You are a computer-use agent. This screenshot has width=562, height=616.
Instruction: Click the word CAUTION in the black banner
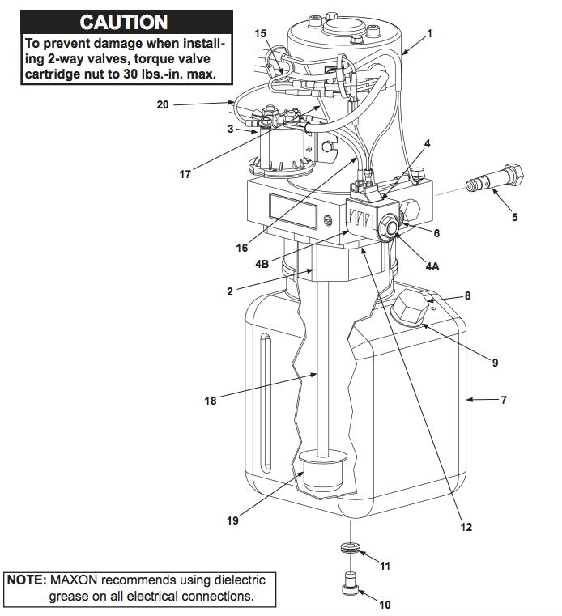tap(124, 23)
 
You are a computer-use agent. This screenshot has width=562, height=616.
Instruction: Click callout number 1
tap(429, 34)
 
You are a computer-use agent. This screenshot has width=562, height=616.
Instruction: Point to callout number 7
tap(503, 400)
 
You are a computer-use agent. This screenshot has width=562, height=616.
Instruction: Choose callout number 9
tap(495, 363)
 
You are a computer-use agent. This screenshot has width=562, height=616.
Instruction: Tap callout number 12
tap(466, 527)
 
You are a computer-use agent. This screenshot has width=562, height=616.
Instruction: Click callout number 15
tap(260, 33)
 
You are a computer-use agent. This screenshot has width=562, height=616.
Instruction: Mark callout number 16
tap(242, 248)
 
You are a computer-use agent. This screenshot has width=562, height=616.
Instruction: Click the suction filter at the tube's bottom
tap(323, 473)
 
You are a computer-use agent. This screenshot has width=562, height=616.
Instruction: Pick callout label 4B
tap(262, 263)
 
